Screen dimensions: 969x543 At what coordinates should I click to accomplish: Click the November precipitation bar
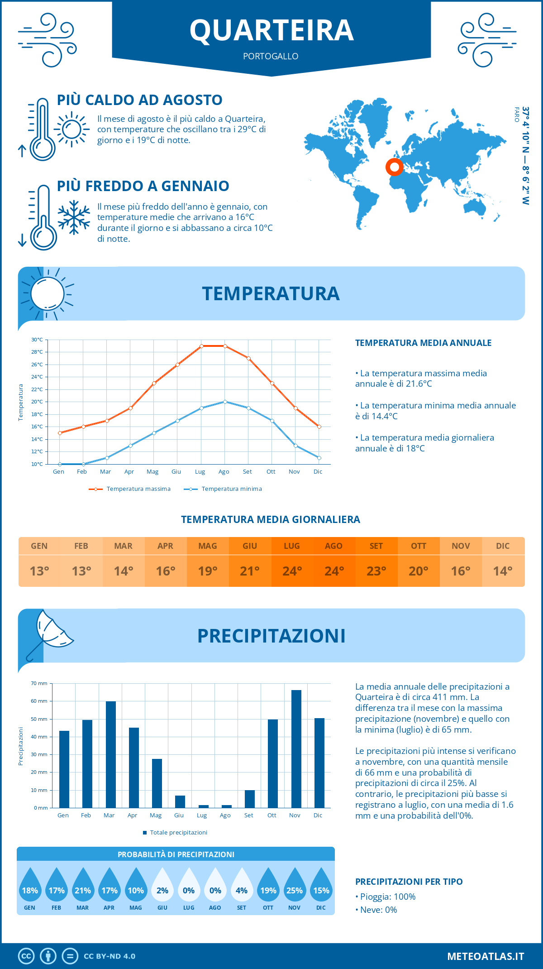(296, 749)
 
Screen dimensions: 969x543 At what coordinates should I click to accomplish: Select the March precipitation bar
(111, 754)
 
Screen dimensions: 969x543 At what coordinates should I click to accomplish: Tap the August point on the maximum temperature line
(225, 346)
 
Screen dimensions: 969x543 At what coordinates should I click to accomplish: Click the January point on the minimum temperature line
(60, 464)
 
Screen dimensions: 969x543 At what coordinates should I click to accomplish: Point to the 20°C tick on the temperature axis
(37, 402)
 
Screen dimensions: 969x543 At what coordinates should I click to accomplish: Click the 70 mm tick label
(39, 683)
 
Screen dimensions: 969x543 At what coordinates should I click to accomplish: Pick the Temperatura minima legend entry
(224, 489)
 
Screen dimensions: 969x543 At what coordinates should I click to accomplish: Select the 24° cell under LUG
(292, 571)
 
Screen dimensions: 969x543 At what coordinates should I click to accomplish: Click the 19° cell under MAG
(208, 571)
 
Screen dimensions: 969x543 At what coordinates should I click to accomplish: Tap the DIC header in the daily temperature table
(503, 546)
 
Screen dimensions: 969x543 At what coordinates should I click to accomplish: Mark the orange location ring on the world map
(395, 167)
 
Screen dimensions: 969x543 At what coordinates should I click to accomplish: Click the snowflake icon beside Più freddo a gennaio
(74, 217)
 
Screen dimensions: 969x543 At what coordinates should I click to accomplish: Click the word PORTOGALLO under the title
(271, 56)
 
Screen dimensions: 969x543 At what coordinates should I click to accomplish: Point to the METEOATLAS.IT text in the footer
(486, 956)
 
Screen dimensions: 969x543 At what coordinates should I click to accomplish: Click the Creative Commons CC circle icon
(26, 956)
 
